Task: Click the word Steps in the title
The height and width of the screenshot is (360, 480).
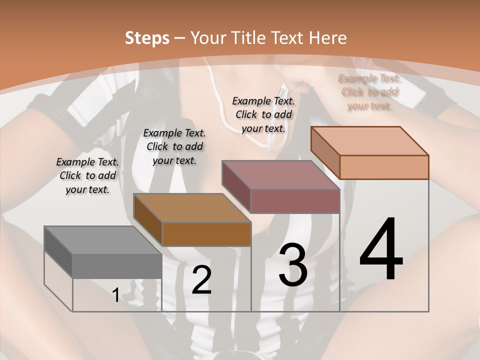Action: [147, 38]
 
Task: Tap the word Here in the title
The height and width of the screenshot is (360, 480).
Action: [327, 38]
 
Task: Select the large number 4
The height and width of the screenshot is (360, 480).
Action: [381, 250]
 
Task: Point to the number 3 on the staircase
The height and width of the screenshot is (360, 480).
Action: [292, 265]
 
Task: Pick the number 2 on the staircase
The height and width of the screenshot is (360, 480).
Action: [201, 280]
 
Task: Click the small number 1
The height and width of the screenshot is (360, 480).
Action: [116, 295]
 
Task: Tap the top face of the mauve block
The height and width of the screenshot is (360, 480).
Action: [280, 175]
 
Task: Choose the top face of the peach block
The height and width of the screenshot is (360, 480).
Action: [369, 141]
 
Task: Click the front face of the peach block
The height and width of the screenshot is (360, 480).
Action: [384, 167]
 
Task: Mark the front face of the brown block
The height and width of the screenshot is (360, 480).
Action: [206, 234]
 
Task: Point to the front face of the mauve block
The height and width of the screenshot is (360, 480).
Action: [295, 201]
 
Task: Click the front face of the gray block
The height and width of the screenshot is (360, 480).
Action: [117, 265]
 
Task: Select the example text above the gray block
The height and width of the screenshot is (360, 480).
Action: [87, 175]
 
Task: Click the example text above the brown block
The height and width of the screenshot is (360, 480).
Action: [174, 146]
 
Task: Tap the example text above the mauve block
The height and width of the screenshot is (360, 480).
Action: [263, 114]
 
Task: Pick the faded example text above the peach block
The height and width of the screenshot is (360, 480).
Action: [369, 91]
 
